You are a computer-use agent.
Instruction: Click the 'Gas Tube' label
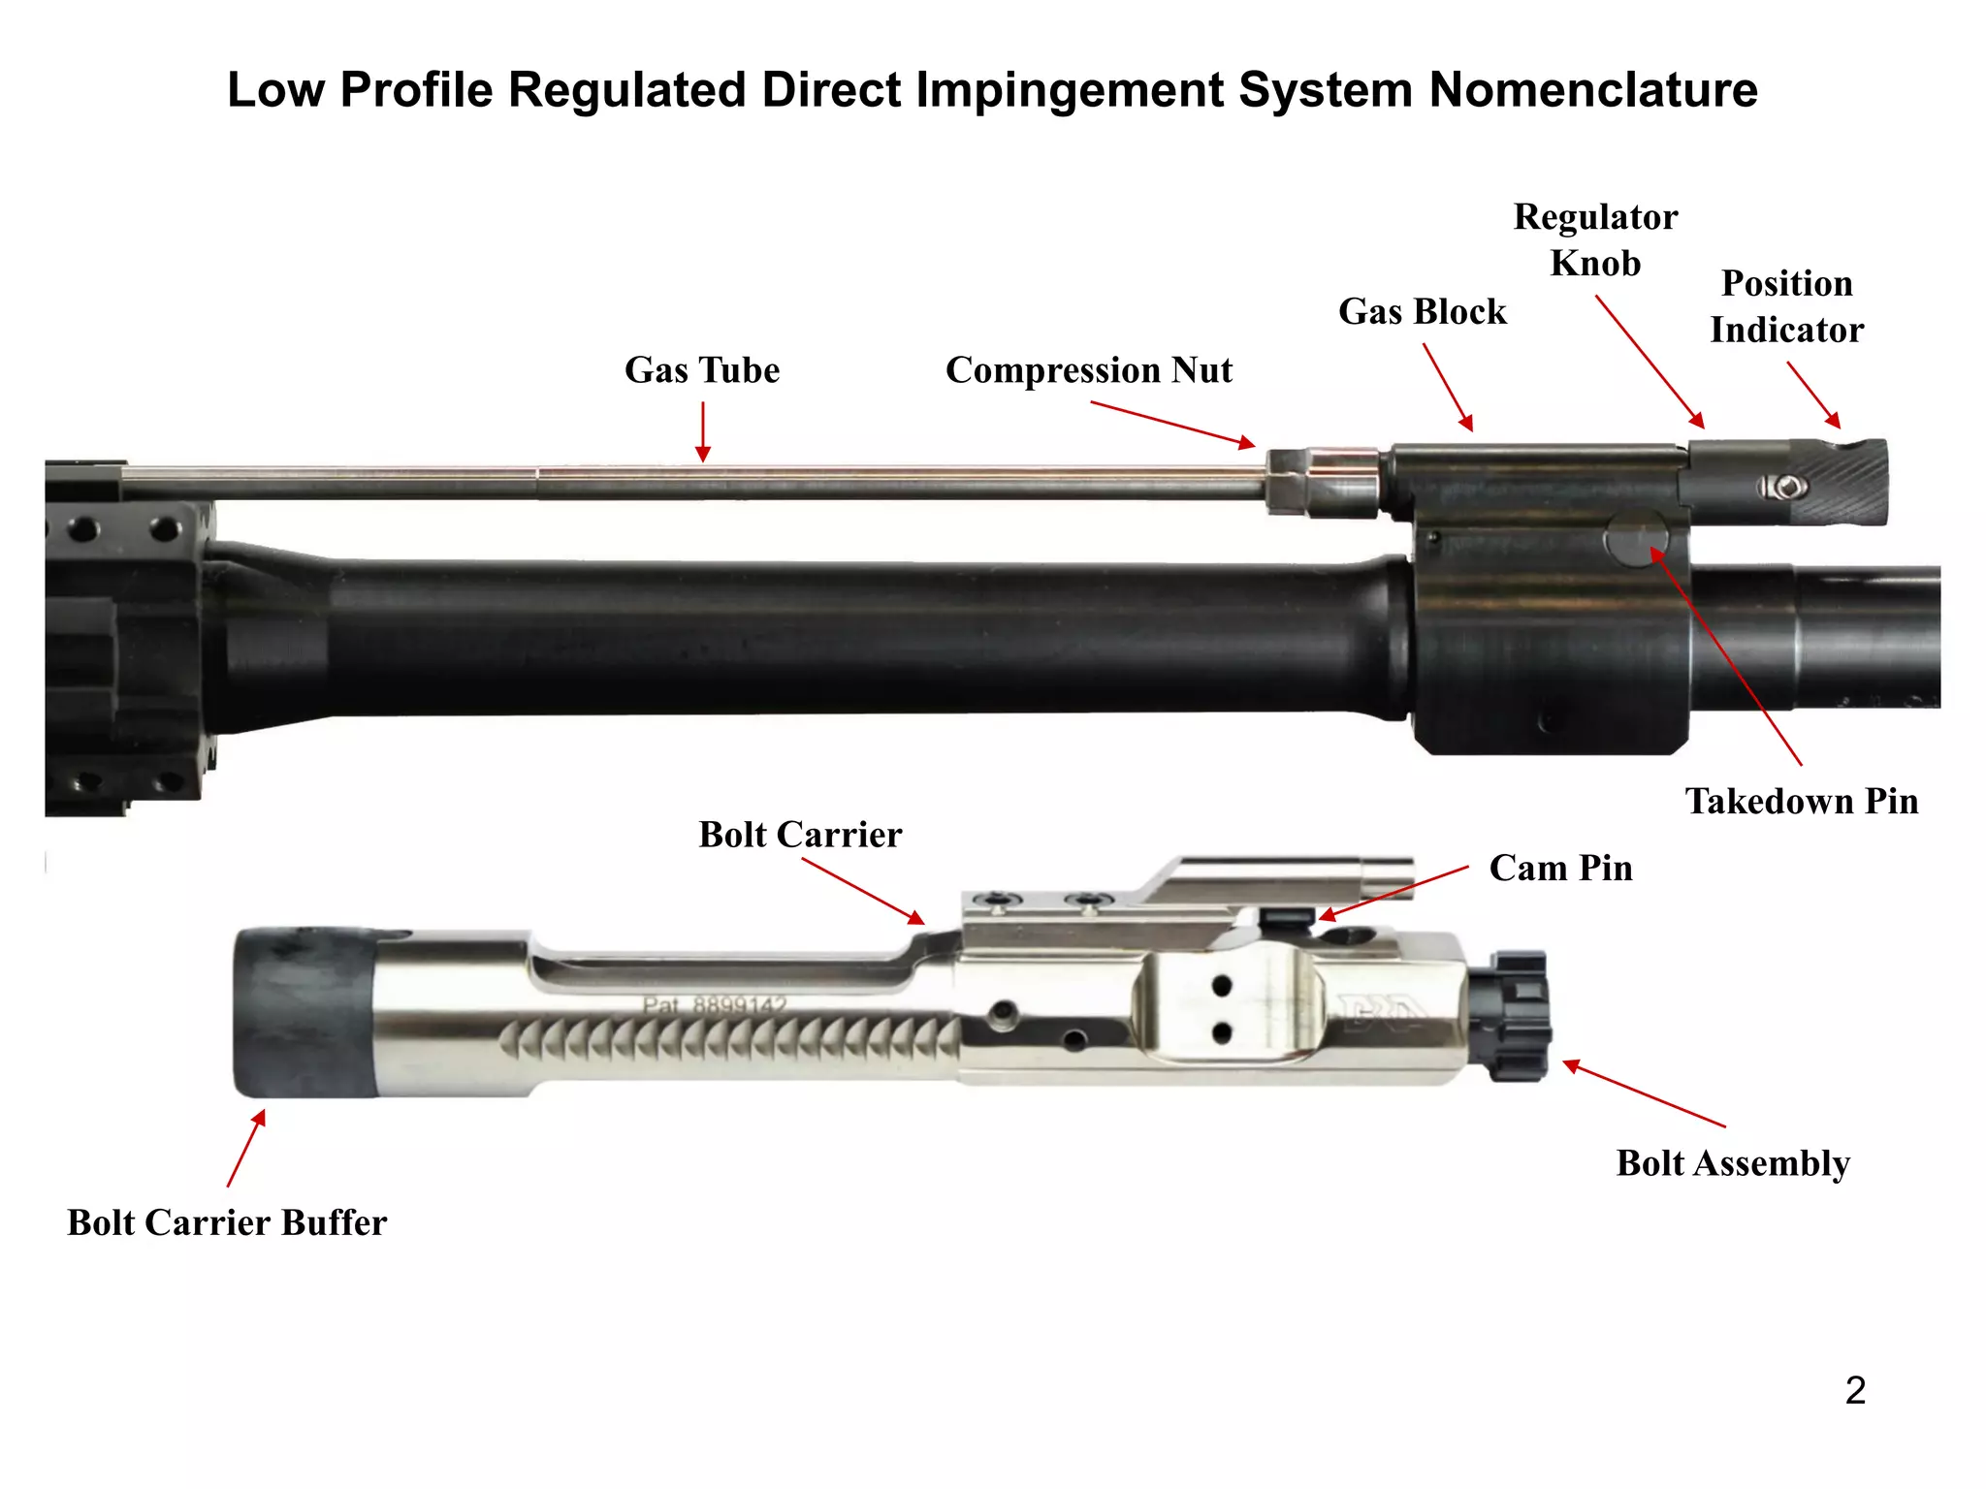point(701,370)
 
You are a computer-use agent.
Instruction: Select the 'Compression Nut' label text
point(1088,370)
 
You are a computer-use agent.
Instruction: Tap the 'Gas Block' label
point(1422,312)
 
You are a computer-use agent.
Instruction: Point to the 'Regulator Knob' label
point(1595,239)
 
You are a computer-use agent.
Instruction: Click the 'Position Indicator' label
point(1786,306)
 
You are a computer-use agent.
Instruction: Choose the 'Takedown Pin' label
point(1801,802)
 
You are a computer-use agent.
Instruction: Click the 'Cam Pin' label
point(1560,868)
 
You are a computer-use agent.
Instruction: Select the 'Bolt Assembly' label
point(1732,1163)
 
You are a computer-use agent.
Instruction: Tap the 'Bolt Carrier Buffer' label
point(227,1222)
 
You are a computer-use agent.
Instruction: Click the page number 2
point(1854,1391)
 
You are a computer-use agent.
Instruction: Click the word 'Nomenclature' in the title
point(1592,90)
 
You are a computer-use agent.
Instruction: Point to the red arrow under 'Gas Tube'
point(703,431)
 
